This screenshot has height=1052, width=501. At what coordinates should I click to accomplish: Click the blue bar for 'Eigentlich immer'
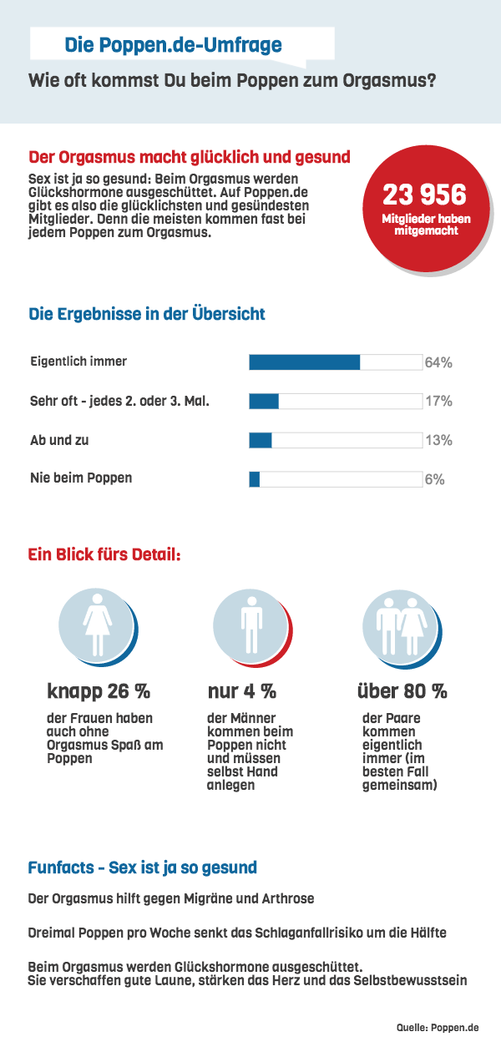(305, 362)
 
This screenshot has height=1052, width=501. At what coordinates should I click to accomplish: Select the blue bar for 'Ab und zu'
(261, 440)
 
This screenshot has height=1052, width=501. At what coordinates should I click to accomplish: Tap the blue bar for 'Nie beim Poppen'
(255, 479)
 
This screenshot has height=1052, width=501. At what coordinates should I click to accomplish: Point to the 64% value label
(438, 362)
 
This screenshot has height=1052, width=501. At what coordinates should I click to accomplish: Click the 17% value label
(438, 402)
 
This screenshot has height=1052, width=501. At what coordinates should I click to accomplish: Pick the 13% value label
(438, 440)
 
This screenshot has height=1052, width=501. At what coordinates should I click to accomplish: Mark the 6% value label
(434, 479)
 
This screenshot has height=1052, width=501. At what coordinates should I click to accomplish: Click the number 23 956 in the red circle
(424, 195)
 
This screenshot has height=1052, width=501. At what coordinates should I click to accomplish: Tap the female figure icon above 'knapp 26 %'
(97, 624)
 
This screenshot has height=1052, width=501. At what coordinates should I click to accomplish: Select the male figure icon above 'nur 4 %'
(249, 624)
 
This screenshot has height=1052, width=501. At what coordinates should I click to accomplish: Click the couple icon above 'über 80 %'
(399, 624)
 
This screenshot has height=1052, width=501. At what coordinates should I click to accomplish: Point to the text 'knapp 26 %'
(99, 691)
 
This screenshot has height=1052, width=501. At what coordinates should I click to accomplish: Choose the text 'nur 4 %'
(241, 691)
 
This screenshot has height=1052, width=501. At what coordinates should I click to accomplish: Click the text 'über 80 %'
(402, 691)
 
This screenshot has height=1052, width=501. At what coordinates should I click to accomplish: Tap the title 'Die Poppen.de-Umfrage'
(173, 45)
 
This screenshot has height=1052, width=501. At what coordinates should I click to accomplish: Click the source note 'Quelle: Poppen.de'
(449, 1026)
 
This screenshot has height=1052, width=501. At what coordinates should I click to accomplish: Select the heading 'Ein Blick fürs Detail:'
(104, 554)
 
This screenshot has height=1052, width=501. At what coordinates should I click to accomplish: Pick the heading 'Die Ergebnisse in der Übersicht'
(147, 315)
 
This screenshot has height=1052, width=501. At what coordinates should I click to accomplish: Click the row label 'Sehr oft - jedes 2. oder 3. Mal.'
(119, 402)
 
